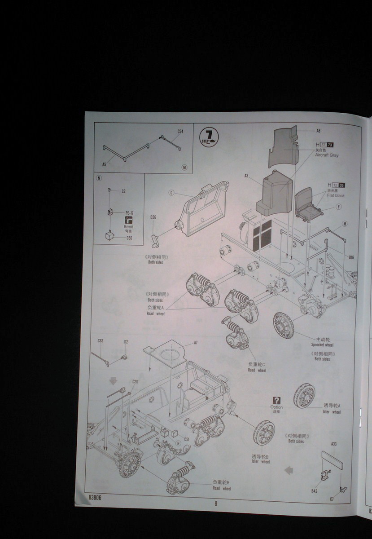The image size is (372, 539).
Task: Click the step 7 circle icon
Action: tap(208, 136)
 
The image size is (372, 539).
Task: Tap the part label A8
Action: tap(318, 131)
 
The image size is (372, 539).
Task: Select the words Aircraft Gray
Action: tap(327, 155)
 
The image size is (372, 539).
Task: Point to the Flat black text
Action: tap(336, 195)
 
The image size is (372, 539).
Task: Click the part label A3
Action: tap(246, 176)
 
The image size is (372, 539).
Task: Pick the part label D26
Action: tap(153, 217)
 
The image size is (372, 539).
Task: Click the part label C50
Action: tap(129, 238)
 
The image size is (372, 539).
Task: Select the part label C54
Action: tap(180, 132)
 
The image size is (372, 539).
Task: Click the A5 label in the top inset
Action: tap(104, 164)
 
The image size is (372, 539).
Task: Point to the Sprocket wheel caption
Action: tap(322, 345)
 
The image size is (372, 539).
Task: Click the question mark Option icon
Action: tap(276, 400)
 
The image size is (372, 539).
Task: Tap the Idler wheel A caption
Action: tap(332, 411)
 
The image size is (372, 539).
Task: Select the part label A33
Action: tap(334, 444)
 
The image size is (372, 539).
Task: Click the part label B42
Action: tap(314, 491)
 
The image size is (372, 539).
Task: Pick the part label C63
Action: tap(101, 341)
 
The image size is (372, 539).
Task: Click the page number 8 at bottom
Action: tap(215, 504)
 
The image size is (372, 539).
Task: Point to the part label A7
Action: tap(196, 343)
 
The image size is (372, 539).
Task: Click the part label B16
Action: tap(351, 257)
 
